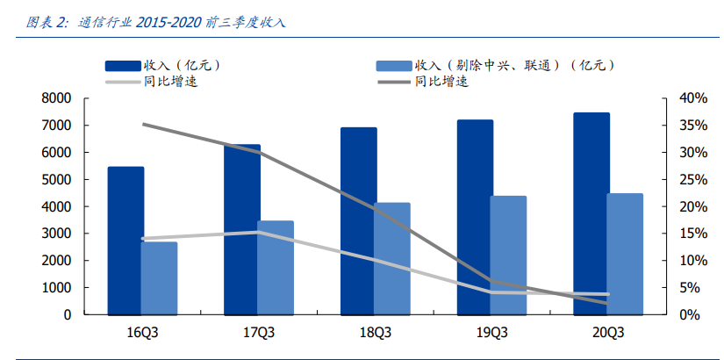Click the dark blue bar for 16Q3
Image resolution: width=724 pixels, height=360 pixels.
[125, 240]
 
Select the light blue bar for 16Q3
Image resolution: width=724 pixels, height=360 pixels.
[159, 277]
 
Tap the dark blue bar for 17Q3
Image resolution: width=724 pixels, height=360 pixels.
[241, 229]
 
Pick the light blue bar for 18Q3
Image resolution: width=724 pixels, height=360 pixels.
[391, 258]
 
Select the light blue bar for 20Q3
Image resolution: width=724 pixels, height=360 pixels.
[624, 254]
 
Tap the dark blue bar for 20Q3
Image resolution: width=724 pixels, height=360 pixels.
[591, 213]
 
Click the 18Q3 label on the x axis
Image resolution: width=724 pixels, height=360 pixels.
[375, 333]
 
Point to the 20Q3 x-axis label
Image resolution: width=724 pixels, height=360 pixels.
[607, 333]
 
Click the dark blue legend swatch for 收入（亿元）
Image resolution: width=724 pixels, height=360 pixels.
[124, 65]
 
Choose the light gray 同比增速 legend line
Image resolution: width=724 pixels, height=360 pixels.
[124, 82]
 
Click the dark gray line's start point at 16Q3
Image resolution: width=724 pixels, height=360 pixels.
[142, 124]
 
